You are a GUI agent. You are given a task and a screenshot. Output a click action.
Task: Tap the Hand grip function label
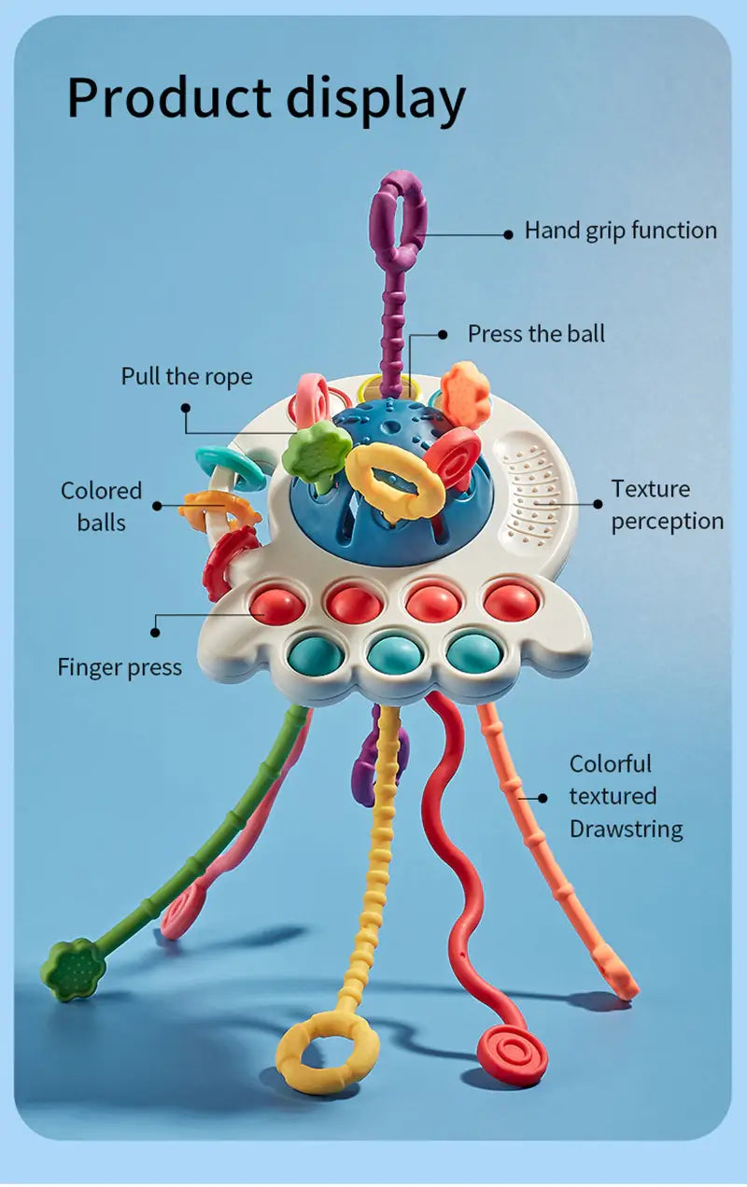(x=620, y=230)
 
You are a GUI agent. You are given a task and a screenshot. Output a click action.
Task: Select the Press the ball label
(x=536, y=333)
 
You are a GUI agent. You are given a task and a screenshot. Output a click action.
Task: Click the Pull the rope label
(x=187, y=376)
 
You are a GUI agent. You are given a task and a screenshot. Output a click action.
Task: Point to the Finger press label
(x=120, y=667)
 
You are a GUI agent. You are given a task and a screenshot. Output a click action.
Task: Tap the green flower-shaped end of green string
(x=73, y=970)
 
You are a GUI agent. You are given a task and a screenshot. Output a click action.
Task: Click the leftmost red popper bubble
(x=276, y=605)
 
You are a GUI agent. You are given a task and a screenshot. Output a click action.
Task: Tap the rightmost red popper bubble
(x=510, y=601)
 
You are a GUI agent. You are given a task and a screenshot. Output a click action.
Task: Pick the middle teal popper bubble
(x=394, y=652)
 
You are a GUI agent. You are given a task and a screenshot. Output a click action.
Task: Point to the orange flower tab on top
(x=465, y=395)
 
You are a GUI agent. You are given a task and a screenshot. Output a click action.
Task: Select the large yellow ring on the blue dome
(x=395, y=478)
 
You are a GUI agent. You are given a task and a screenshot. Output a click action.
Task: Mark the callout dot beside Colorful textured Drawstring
(x=543, y=797)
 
